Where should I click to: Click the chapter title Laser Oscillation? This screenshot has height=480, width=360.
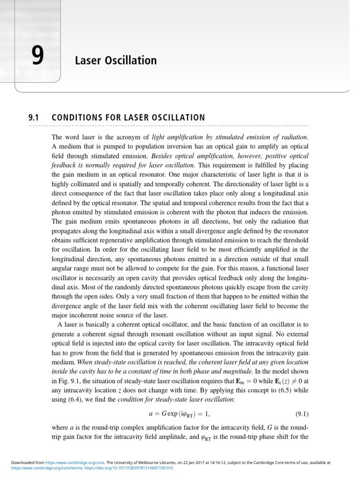pyautogui.click(x=116, y=60)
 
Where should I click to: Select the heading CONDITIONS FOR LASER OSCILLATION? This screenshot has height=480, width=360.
pyautogui.click(x=128, y=117)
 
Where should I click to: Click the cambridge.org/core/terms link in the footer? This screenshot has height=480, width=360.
pyautogui.click(x=47, y=467)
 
